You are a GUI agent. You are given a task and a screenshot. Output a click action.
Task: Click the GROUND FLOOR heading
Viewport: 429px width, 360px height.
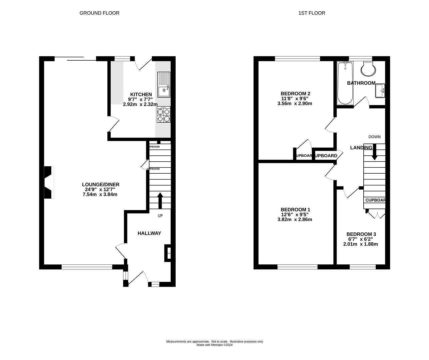click(x=99, y=13)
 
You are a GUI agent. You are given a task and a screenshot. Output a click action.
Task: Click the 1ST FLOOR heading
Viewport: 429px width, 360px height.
click(x=311, y=13)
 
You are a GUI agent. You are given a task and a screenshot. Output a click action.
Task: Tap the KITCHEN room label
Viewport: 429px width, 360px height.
click(x=141, y=94)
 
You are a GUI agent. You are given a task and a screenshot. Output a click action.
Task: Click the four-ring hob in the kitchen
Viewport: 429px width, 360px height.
click(x=163, y=115)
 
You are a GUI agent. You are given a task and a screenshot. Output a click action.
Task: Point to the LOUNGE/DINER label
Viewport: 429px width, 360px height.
click(x=101, y=184)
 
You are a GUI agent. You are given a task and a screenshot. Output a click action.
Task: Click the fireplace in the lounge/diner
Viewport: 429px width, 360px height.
click(x=49, y=182)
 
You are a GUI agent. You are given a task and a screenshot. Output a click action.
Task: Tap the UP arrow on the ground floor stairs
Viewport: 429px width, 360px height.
click(x=160, y=200)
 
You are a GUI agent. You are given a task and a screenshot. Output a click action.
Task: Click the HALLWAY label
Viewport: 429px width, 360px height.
click(x=149, y=233)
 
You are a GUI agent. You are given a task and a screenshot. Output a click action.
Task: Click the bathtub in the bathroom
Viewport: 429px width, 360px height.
click(x=345, y=83)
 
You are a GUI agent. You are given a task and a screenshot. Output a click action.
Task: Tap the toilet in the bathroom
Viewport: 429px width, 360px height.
click(x=368, y=69)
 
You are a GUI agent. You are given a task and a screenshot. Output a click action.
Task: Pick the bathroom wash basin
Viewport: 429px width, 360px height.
click(x=380, y=91)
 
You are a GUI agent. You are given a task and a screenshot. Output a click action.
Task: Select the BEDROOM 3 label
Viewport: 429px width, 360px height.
click(x=361, y=234)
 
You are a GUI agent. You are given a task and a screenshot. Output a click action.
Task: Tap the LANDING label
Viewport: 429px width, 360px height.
click(x=361, y=148)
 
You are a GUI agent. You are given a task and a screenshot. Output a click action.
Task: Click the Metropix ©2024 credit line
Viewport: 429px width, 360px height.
click(x=214, y=345)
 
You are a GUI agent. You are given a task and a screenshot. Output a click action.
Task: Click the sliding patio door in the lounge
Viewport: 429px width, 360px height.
click(x=75, y=59)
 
